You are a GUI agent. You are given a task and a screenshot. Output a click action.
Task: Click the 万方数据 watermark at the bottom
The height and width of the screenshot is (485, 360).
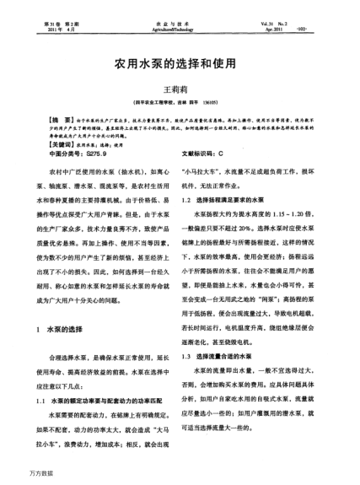19,477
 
